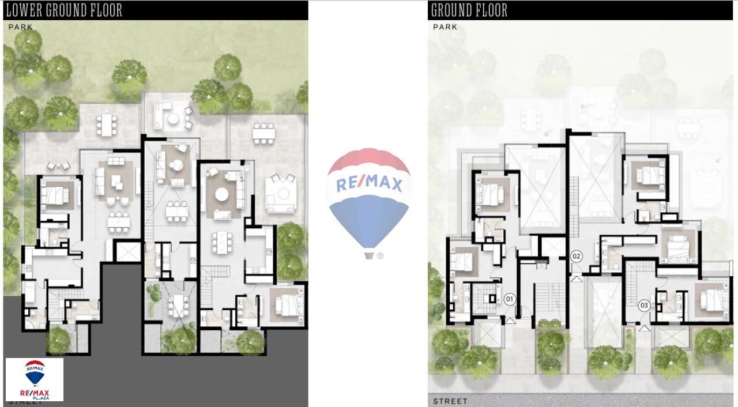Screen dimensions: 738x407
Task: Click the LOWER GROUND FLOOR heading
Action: point(64,10)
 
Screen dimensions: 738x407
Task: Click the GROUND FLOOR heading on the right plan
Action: point(469,10)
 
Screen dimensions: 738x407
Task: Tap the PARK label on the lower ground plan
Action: point(20,27)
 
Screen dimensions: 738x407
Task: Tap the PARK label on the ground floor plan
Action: point(445,27)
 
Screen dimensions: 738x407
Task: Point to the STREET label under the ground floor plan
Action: point(450,401)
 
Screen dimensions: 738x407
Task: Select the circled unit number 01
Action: point(510,299)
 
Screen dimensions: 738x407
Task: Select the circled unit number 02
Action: point(576,256)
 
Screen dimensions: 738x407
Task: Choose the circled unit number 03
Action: point(644,306)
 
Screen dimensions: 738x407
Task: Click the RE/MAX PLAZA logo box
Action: point(35,379)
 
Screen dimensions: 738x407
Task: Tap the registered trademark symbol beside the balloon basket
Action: point(380,256)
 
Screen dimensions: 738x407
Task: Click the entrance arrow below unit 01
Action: point(510,321)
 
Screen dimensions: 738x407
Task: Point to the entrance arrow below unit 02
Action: point(576,279)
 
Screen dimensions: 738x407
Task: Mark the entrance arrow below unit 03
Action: point(644,328)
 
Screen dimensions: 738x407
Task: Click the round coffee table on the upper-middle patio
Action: point(173,119)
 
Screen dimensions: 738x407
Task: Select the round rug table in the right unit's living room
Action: point(222,194)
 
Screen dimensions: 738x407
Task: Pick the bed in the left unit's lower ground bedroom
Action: point(54,195)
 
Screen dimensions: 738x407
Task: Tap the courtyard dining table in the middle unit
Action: point(179,306)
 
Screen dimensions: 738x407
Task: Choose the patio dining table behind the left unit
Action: point(106,125)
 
